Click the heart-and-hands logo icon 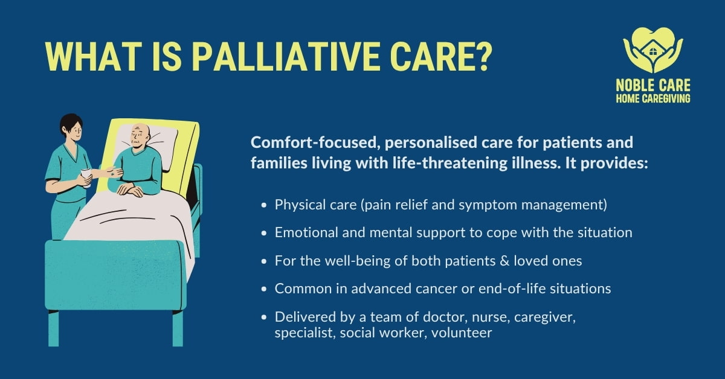pos(652,49)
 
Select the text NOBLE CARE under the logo pos(653,85)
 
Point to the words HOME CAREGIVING pos(653,98)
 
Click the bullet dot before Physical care pos(264,205)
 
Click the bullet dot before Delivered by pos(264,317)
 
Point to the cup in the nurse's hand pos(85,176)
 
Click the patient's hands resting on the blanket pos(130,189)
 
